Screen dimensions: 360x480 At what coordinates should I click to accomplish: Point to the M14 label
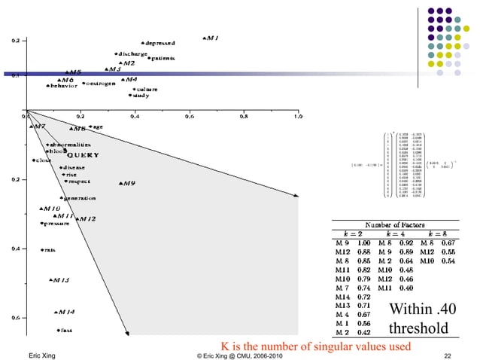[x=65, y=312]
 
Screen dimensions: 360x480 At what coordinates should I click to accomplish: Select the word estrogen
[x=100, y=83]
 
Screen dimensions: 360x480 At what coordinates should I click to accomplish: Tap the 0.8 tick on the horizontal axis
[x=243, y=117]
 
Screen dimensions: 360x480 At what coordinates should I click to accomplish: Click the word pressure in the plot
[x=56, y=223]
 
